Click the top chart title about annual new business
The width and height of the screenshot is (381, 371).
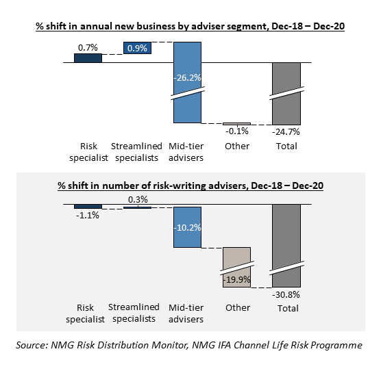[190, 26]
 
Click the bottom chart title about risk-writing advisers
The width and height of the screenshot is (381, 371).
[190, 186]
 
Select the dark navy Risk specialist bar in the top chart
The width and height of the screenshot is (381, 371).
[88, 58]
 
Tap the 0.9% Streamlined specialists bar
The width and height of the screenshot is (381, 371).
[137, 48]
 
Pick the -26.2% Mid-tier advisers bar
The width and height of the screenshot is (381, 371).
[187, 83]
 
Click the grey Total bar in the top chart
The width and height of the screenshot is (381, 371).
[286, 94]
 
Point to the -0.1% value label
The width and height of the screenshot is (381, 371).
[237, 131]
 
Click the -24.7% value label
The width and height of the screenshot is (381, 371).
[286, 132]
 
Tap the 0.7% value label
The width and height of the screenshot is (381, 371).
[88, 47]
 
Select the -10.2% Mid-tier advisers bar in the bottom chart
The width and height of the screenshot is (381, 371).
[187, 227]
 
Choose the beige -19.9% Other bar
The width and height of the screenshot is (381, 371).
[236, 268]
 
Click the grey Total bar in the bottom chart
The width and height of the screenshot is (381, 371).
[286, 246]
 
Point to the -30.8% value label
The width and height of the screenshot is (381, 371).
[286, 295]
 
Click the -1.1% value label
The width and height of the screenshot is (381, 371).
[88, 215]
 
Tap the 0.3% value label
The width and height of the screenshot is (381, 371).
[138, 199]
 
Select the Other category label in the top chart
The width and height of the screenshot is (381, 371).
[237, 146]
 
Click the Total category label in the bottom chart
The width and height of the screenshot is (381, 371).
[288, 309]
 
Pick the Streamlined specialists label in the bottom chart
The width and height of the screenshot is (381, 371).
[134, 313]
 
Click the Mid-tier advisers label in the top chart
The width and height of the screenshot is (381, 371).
[186, 152]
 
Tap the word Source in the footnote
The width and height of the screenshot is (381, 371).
[32, 345]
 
